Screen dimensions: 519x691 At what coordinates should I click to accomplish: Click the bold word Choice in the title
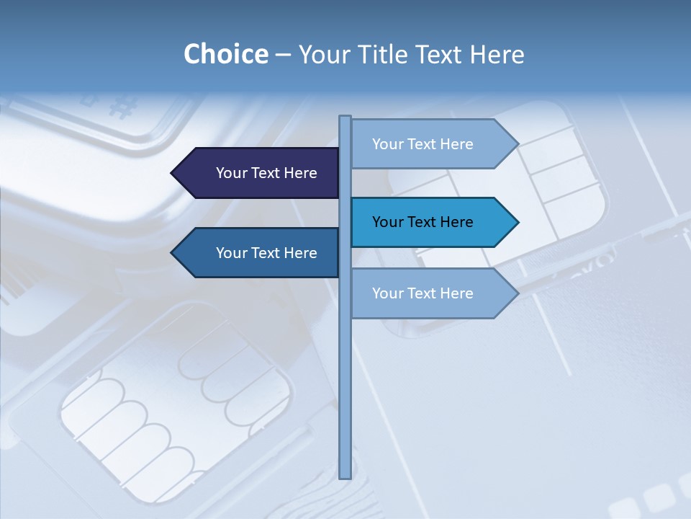[x=225, y=54]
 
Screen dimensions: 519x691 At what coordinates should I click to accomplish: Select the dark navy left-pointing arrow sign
[x=259, y=173]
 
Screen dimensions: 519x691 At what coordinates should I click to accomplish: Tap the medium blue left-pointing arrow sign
[x=259, y=253]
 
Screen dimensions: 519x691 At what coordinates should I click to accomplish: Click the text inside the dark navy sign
[x=266, y=173]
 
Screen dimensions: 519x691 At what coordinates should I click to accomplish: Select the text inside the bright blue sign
[x=423, y=222]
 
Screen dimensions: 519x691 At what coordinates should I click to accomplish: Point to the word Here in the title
[x=497, y=54]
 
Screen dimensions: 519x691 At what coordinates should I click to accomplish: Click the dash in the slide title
[x=283, y=55]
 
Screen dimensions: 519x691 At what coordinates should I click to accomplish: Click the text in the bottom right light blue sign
[x=423, y=293]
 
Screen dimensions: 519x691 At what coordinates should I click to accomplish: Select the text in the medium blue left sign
[x=266, y=253]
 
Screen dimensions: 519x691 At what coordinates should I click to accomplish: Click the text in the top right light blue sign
[x=423, y=144]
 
